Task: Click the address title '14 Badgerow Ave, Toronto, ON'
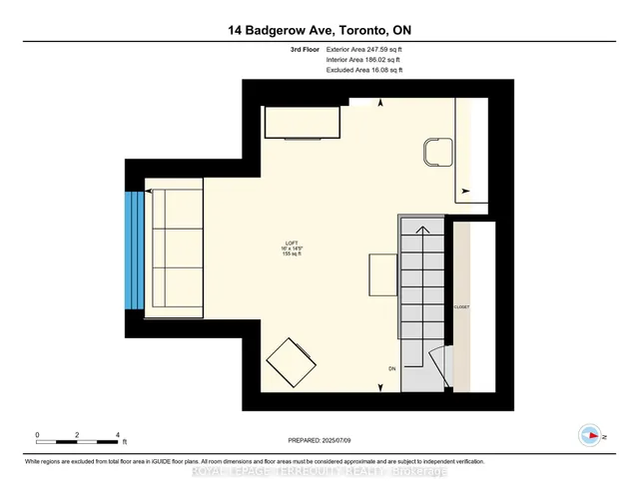click(319, 30)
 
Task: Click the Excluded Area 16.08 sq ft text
click(364, 71)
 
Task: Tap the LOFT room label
click(291, 245)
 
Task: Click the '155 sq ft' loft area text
click(291, 256)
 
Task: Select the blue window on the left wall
click(135, 249)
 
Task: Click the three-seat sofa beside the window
click(173, 249)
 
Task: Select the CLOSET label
click(461, 306)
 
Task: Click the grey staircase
click(423, 299)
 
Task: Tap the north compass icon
click(590, 435)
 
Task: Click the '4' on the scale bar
click(119, 435)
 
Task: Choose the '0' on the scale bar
click(37, 435)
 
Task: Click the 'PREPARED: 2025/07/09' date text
click(319, 437)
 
